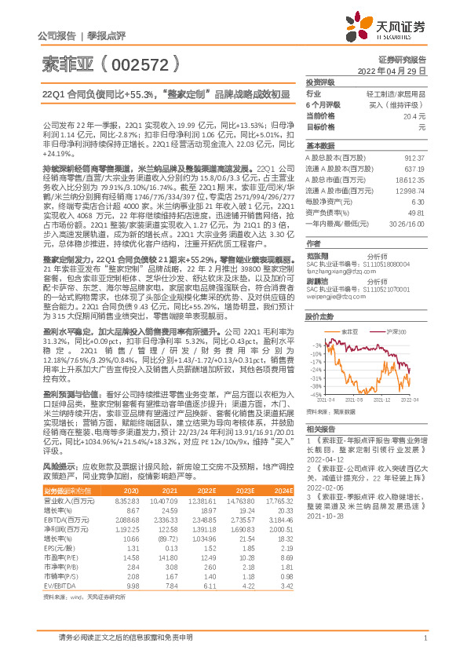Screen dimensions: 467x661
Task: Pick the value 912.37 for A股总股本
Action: (414, 157)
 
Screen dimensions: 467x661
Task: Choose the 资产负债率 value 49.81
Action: (417, 212)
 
